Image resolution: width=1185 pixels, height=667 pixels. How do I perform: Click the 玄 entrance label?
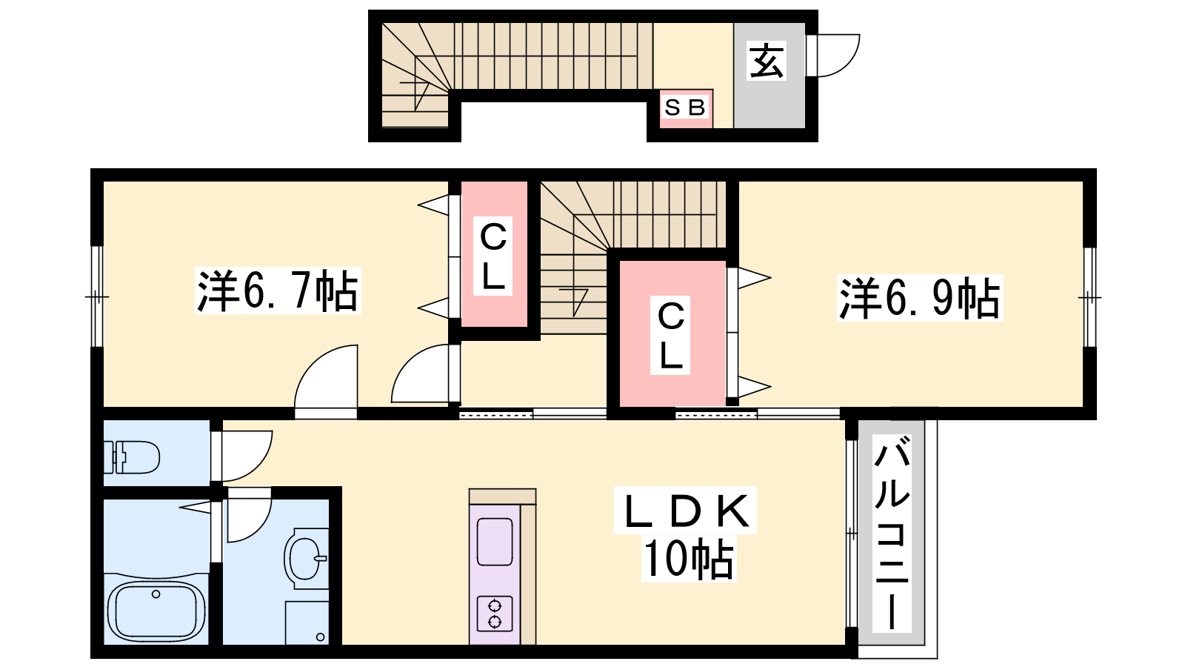coord(767,60)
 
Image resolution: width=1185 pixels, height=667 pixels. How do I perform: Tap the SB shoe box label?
coord(684,108)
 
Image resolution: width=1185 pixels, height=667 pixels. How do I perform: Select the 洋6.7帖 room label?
coord(278,291)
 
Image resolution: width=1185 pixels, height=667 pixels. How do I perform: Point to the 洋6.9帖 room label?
coord(919,298)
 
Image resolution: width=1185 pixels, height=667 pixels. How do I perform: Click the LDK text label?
coord(686,511)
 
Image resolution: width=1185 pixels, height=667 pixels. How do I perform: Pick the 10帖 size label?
coord(688,559)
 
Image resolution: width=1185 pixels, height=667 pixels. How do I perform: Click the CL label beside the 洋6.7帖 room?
coord(493,256)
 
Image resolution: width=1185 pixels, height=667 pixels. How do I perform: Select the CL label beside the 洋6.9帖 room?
coord(670,335)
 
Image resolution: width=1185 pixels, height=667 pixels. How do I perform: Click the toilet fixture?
coord(132,457)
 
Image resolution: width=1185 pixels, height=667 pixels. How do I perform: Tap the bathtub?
coord(156,611)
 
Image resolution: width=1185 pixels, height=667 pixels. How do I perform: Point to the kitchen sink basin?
coord(495,542)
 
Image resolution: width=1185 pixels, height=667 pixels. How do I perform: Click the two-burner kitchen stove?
coord(495,614)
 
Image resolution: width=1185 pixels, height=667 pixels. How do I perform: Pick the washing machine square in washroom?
coord(307,623)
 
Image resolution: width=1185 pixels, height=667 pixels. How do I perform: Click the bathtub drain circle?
coord(156,594)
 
